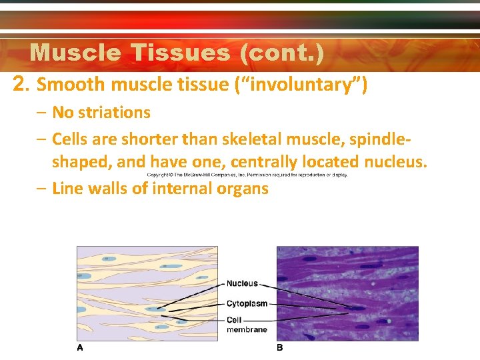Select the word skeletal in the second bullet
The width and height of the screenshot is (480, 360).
[251, 139]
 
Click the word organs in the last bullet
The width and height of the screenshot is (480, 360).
[242, 189]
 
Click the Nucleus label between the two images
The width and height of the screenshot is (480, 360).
[242, 283]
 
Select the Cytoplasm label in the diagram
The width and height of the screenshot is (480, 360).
[247, 303]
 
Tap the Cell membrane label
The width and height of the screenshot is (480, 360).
[246, 325]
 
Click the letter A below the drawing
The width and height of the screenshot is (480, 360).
[80, 347]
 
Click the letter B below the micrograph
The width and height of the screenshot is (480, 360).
[280, 347]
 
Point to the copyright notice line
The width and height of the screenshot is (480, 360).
[247, 175]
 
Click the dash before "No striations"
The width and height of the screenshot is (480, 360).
[41, 113]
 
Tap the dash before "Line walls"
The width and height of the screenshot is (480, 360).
[41, 189]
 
